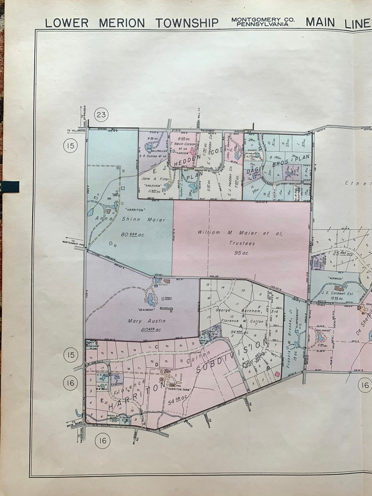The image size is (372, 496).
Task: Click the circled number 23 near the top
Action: [101, 115]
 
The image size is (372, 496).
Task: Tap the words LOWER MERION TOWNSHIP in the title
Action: [132, 23]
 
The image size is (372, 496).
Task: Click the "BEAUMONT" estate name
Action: [134, 309]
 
